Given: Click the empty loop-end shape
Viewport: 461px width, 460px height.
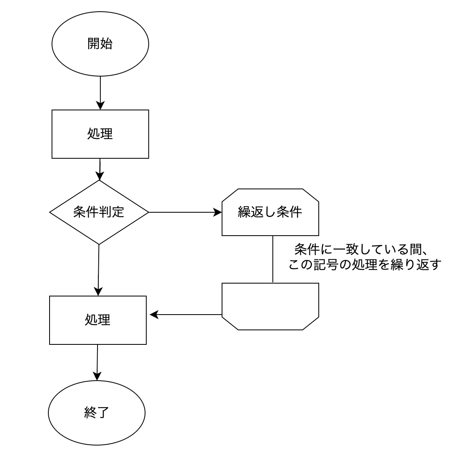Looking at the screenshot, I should [270, 306].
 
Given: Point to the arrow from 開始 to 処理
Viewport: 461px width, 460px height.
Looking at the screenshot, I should [100, 93].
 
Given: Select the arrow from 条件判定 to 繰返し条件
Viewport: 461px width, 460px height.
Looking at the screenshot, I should [185, 212].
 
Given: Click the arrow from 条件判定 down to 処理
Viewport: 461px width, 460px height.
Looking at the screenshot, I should [99, 270].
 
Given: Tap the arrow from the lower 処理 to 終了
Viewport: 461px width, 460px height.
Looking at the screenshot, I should [97, 363].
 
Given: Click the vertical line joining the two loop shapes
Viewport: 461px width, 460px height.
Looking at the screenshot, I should [273, 259].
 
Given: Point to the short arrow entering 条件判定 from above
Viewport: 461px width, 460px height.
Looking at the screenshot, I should [100, 169].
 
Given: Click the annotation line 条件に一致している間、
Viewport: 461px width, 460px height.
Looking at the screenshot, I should [361, 249].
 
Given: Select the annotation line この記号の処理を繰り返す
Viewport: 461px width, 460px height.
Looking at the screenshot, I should [365, 265].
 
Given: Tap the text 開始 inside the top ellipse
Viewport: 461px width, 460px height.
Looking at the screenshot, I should [100, 44].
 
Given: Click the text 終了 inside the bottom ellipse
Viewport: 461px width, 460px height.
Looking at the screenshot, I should [97, 412].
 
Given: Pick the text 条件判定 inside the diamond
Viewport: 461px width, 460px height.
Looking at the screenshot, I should [99, 212].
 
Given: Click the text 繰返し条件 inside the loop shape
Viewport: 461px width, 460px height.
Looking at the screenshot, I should [270, 212].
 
